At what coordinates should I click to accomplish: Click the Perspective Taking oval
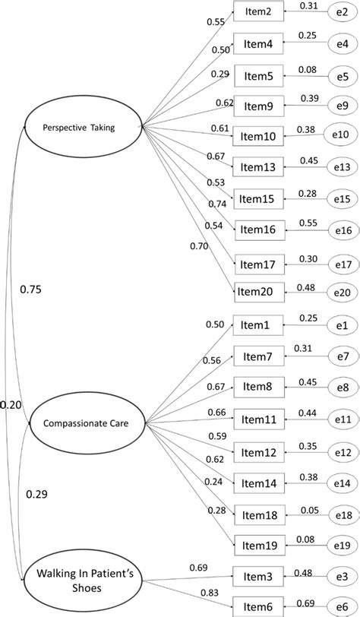[x=84, y=128]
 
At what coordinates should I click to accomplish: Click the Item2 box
[x=259, y=12]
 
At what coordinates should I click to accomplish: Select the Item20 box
[x=259, y=291]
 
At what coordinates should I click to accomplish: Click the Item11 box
[x=259, y=418]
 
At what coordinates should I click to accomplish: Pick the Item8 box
[x=259, y=386]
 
